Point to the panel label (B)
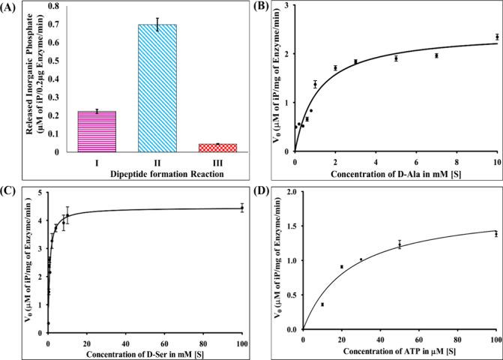click(x=265, y=9)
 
